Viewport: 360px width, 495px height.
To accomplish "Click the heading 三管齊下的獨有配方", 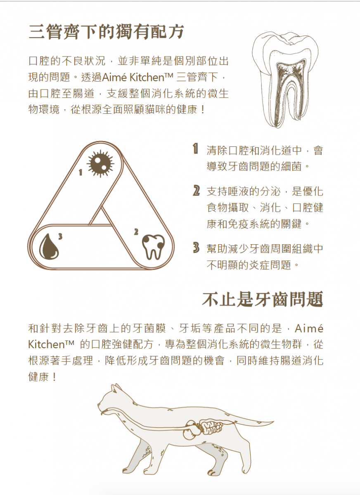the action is pos(106,32).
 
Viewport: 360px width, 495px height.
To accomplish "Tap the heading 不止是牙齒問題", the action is pos(263,299).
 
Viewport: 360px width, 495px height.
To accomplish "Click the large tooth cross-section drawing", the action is pos(285,80).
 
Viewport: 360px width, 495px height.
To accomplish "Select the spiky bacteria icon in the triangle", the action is pos(100,163).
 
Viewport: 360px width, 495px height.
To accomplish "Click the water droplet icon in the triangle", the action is pos(49,246).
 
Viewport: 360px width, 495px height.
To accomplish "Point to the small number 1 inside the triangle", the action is pos(81,172).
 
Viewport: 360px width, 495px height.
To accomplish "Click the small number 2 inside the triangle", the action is pos(136,232).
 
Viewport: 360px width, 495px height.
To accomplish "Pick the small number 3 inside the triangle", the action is pos(60,237).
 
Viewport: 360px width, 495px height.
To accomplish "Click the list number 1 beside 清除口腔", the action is pos(195,148).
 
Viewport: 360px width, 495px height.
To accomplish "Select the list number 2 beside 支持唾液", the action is pos(196,191).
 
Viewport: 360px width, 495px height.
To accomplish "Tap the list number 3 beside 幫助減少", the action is pos(196,248).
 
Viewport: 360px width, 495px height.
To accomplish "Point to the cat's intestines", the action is pos(211,428).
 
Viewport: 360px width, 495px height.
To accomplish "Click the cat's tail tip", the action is pos(274,422).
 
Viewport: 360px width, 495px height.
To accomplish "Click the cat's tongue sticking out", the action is pos(102,413).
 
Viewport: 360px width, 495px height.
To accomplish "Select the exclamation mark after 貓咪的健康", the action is pos(203,110).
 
